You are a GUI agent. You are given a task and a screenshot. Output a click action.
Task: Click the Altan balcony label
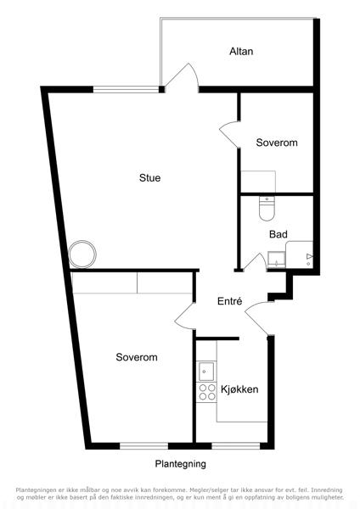241,51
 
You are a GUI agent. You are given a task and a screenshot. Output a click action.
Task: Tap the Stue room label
149,177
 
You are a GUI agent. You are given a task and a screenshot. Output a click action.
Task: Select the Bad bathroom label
278,234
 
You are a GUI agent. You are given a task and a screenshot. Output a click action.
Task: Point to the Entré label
230,301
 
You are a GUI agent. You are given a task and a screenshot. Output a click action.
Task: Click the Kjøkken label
239,389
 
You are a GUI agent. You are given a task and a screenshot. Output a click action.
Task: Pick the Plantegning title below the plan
180,464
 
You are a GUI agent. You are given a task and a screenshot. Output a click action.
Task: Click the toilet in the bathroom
267,208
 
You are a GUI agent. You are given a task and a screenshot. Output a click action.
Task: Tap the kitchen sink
206,372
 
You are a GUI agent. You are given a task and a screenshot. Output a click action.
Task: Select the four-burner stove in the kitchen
207,392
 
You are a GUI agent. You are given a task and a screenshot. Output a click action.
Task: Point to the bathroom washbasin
276,260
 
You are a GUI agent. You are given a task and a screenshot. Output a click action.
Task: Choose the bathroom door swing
256,261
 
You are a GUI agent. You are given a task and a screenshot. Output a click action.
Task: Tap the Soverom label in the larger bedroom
137,357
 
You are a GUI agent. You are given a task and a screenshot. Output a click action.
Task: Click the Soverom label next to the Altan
277,143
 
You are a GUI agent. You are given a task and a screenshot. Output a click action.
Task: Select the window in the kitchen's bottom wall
236,446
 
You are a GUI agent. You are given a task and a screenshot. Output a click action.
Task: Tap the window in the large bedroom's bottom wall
144,446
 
